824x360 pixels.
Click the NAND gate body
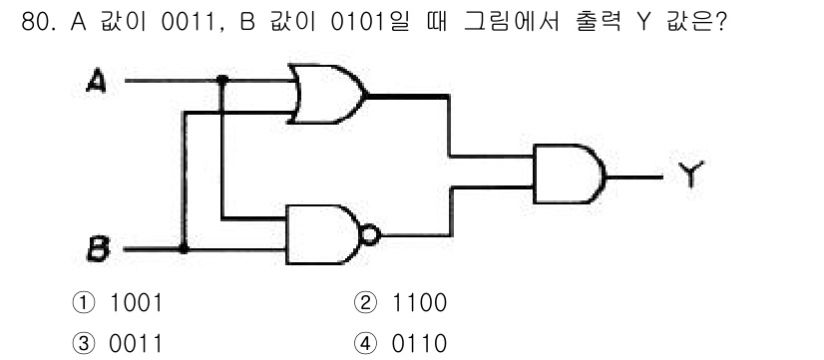324,235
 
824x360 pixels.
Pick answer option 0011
136,341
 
